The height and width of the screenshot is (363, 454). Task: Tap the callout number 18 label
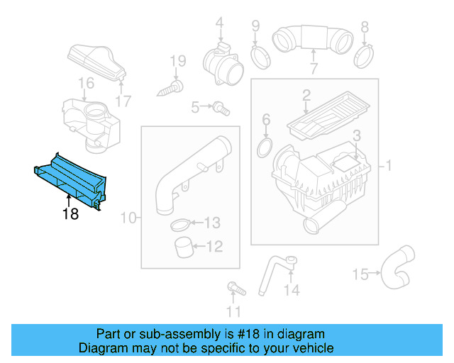click(x=70, y=213)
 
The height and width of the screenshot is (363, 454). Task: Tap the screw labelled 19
click(x=171, y=87)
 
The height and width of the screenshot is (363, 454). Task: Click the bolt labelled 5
click(x=221, y=108)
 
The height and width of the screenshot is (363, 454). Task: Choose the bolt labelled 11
click(x=233, y=289)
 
